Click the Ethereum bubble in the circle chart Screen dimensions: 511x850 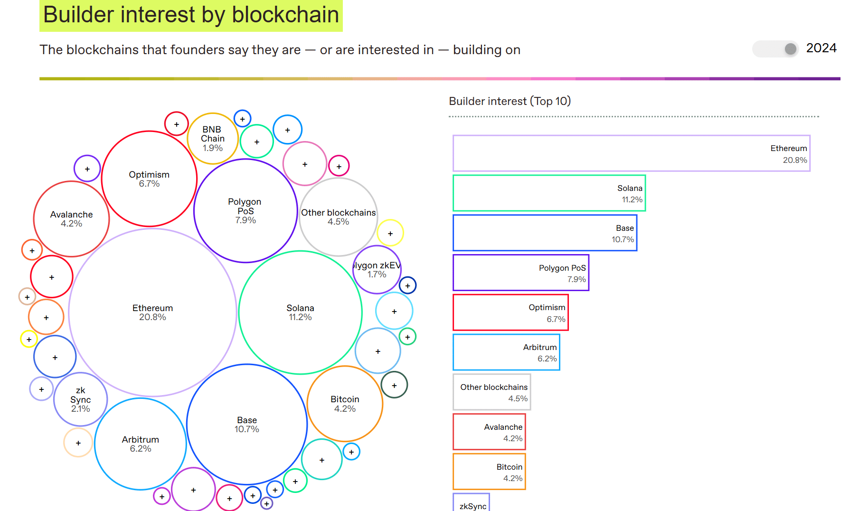point(152,312)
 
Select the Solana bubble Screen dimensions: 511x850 point(300,312)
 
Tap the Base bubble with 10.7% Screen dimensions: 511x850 point(247,425)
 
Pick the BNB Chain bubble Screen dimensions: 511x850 point(212,139)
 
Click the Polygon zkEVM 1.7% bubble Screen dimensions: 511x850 point(377,270)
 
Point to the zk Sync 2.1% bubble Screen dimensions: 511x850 point(80,399)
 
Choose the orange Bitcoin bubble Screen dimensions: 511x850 point(345,404)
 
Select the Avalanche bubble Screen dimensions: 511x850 point(71,219)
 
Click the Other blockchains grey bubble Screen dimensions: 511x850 point(338,217)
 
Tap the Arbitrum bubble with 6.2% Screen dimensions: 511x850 point(141,444)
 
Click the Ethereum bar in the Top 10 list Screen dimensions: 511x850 point(631,153)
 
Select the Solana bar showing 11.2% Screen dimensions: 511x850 point(549,193)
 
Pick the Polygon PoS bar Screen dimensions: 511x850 point(521,273)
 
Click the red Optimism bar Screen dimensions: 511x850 point(510,312)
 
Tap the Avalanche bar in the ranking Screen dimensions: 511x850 point(489,432)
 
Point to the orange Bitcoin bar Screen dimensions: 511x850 point(489,472)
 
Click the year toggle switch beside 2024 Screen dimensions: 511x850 point(775,49)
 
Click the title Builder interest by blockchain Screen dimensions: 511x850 point(191,15)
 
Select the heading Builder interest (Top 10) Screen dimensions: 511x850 point(510,101)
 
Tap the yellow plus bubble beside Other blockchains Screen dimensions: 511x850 point(390,233)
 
